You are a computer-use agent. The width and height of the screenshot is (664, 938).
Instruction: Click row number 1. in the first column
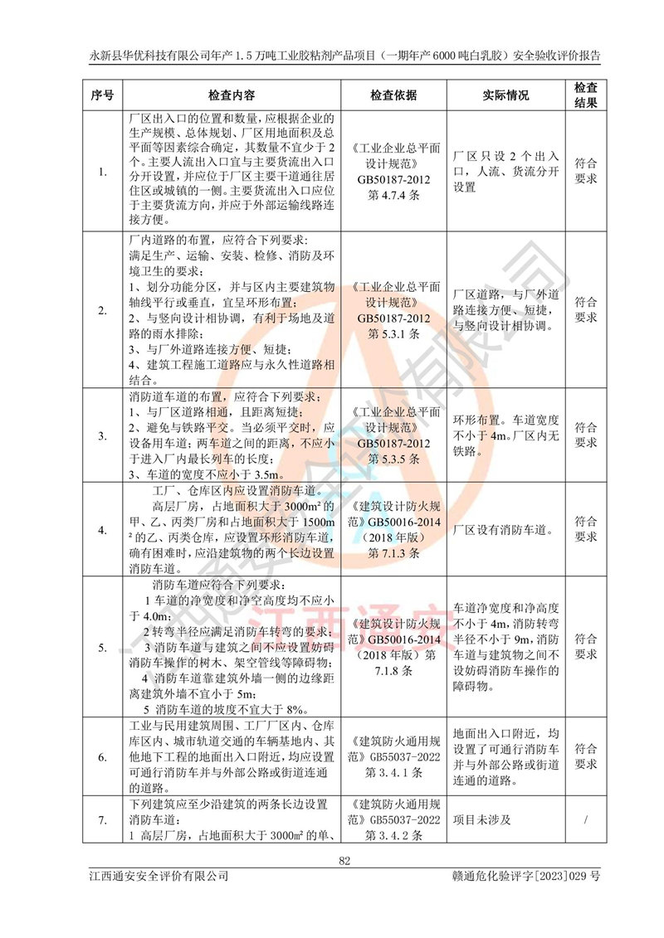pyautogui.click(x=102, y=173)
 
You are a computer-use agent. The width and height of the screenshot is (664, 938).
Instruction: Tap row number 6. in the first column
pyautogui.click(x=102, y=757)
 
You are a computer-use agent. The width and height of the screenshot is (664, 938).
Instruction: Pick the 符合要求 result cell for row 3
pyautogui.click(x=586, y=435)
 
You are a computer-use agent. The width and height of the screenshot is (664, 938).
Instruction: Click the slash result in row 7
pyautogui.click(x=586, y=820)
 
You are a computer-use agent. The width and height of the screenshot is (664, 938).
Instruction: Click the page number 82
pyautogui.click(x=344, y=861)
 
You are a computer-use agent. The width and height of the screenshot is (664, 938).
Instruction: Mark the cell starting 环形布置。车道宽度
pyautogui.click(x=505, y=435)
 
